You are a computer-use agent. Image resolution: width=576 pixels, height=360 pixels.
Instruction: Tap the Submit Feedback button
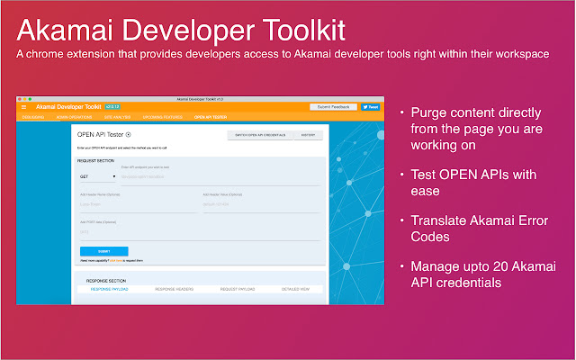(333, 107)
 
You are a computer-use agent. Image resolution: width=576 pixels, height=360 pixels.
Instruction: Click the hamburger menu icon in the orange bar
(23, 107)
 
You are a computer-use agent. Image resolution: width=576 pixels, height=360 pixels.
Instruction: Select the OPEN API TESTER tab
(211, 117)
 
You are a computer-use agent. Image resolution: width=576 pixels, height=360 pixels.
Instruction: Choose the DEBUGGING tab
(33, 117)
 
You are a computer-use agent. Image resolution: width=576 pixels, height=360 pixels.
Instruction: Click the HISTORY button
(307, 135)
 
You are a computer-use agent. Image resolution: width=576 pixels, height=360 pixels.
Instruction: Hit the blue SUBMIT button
(103, 251)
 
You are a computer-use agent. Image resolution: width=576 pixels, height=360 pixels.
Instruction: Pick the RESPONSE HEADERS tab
(175, 289)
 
